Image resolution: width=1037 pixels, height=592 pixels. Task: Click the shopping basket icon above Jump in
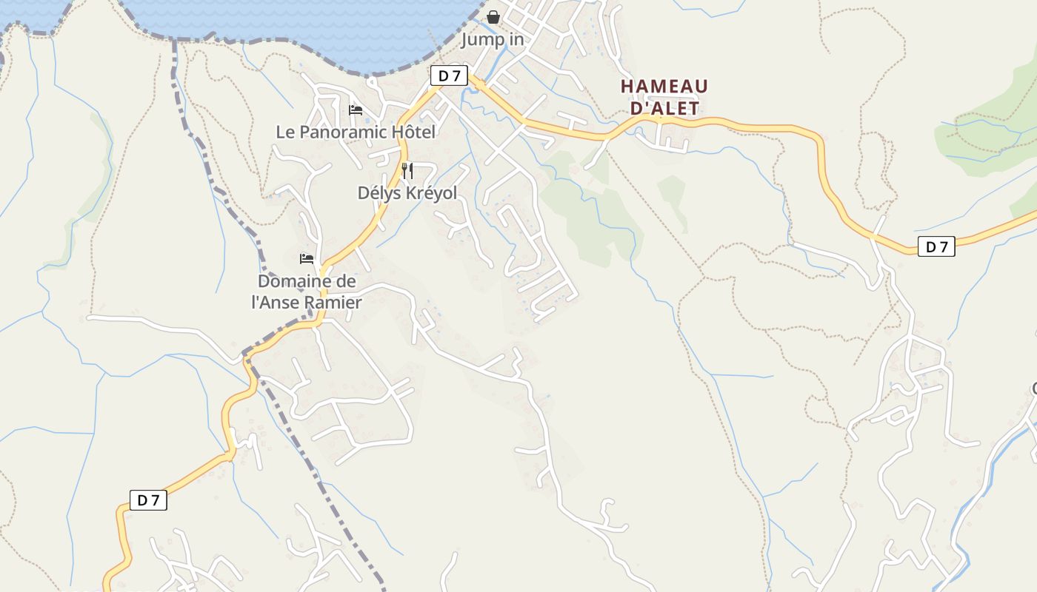tap(493, 16)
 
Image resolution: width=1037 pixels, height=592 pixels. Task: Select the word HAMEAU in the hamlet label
tap(664, 87)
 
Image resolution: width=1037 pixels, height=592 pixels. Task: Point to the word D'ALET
tap(664, 108)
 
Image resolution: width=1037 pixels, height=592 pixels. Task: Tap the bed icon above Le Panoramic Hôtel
tap(356, 110)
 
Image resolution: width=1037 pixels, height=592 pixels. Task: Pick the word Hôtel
tap(414, 132)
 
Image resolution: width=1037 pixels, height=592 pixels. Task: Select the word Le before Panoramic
tap(285, 132)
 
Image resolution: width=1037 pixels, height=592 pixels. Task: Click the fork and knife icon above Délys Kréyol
tap(407, 171)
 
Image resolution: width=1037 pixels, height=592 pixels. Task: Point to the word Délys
tap(379, 193)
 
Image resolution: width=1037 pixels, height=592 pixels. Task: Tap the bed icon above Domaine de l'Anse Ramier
tap(307, 259)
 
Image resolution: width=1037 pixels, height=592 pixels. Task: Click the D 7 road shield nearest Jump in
tap(449, 75)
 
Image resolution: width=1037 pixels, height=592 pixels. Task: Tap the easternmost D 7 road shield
tap(936, 246)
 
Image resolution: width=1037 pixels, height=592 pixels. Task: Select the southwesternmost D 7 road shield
tap(148, 500)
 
